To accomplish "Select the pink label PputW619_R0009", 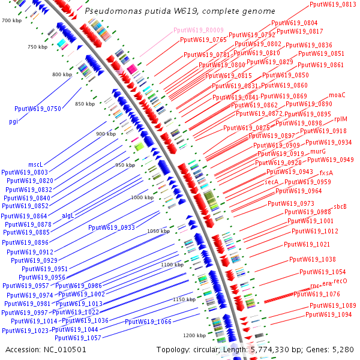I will pyautogui.click(x=199, y=29).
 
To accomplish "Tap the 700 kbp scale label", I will pyautogui.click(x=11, y=21).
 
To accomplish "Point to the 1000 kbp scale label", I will pyautogui.click(x=142, y=197).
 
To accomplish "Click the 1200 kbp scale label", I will pyautogui.click(x=194, y=335).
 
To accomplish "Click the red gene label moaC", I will pyautogui.click(x=337, y=95).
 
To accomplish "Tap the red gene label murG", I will pyautogui.click(x=318, y=152).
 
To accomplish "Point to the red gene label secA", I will pyautogui.click(x=272, y=181).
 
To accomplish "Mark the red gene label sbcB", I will pyautogui.click(x=340, y=207).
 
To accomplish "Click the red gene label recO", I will pyautogui.click(x=340, y=281).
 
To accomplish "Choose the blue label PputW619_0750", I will pyautogui.click(x=38, y=109).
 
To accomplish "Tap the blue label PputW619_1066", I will pyautogui.click(x=148, y=322).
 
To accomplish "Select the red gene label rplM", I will pyautogui.click(x=340, y=119).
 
